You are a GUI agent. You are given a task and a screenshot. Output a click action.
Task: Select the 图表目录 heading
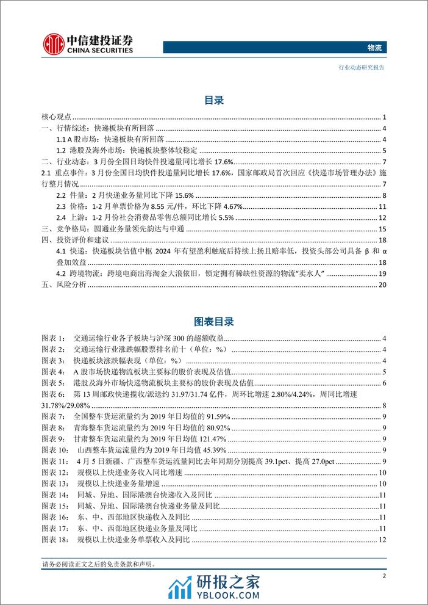pyautogui.click(x=213, y=321)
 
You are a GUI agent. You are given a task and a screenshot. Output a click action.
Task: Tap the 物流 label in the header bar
pyautogui.click(x=376, y=48)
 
